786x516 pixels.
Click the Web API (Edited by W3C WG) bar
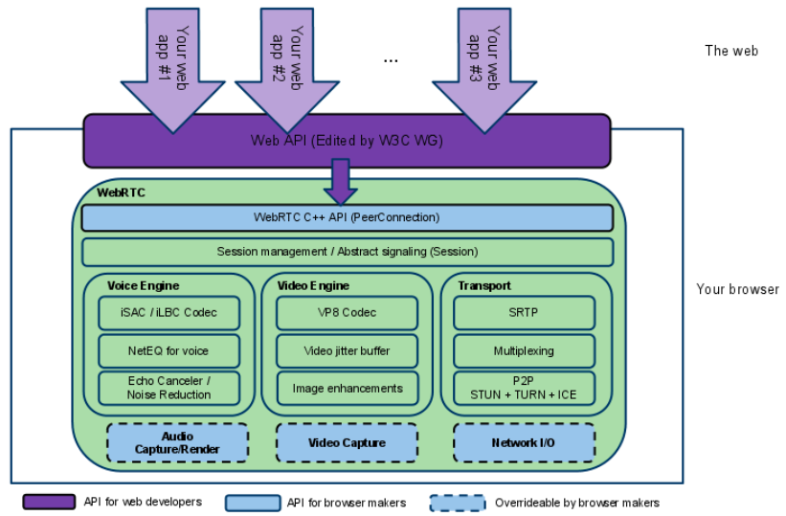[347, 141]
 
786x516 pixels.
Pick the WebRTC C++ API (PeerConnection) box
[347, 218]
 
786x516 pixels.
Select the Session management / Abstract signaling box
[347, 252]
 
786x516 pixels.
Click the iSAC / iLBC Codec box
[168, 313]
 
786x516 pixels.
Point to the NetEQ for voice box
[168, 351]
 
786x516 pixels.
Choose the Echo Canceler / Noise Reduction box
[168, 388]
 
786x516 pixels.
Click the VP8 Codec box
[347, 313]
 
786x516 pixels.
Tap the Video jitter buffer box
[347, 351]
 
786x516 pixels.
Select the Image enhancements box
[347, 388]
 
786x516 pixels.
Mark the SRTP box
[524, 313]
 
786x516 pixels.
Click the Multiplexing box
[524, 351]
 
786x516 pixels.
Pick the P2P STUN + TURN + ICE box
[524, 388]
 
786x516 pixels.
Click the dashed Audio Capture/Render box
[177, 443]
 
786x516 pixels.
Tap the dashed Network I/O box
[524, 443]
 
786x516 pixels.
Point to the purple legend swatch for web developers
[49, 502]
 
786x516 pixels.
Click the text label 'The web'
[730, 51]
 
